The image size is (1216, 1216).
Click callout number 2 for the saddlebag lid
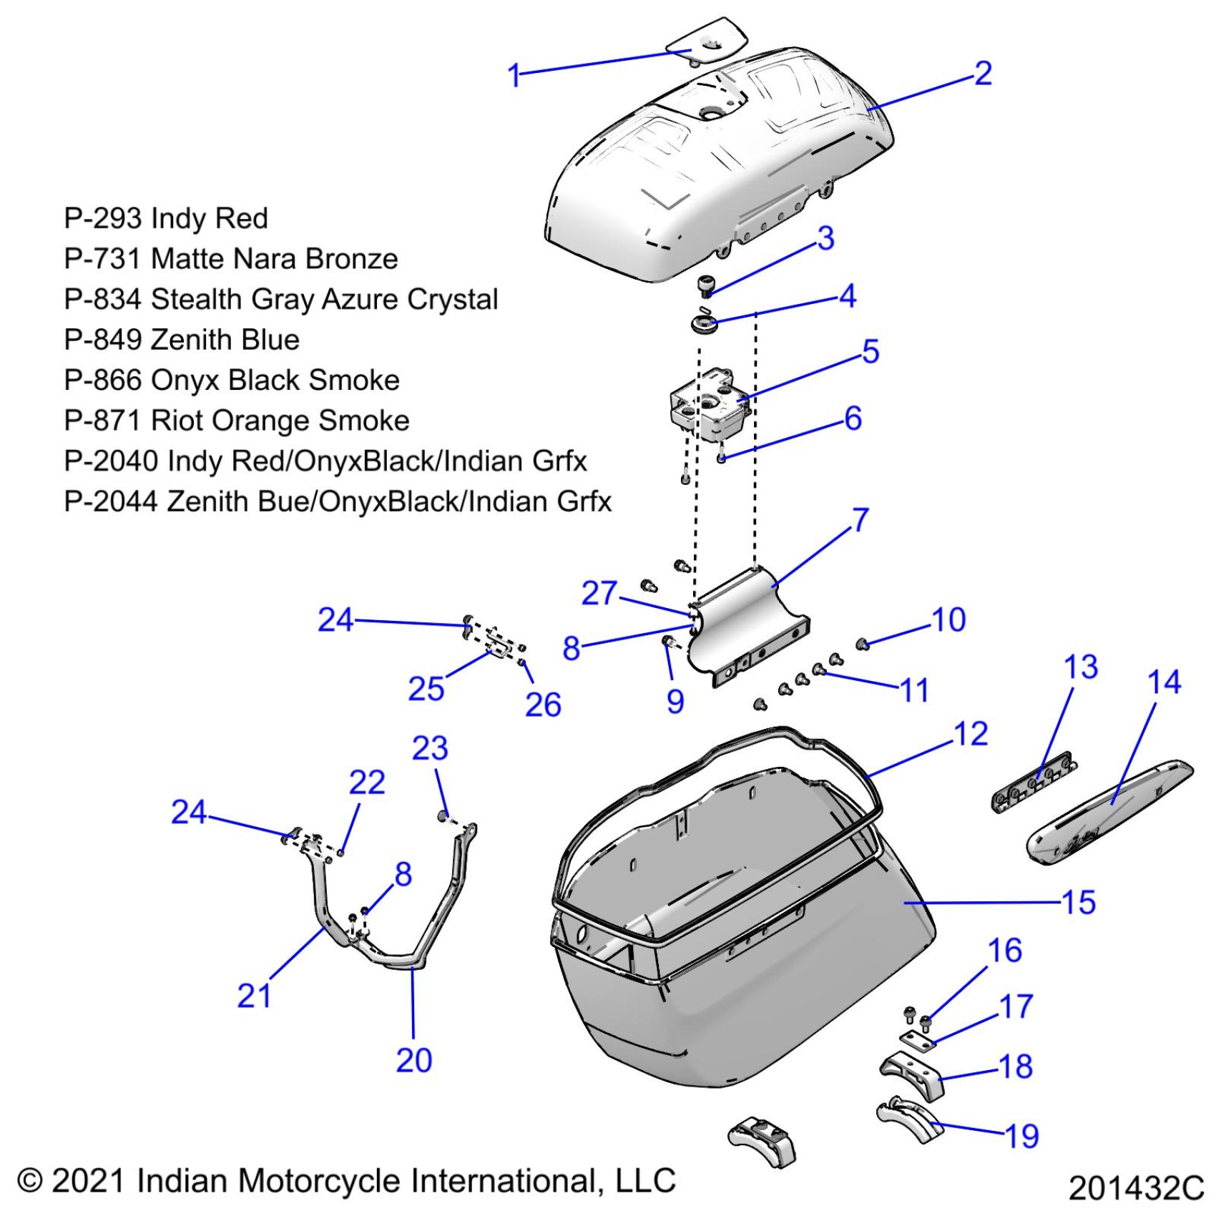(984, 74)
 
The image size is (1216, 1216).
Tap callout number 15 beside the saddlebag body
(1079, 902)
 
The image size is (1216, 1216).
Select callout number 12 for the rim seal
(971, 734)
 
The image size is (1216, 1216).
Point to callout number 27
(599, 593)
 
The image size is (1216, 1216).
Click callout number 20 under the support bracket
(414, 1060)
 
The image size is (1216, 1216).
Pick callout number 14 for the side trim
(1164, 682)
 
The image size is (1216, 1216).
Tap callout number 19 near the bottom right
(1021, 1135)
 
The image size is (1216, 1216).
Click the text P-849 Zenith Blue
(182, 340)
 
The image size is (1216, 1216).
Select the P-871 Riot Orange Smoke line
(236, 421)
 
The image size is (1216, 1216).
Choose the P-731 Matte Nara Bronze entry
(230, 259)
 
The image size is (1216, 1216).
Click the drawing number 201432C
(1136, 1188)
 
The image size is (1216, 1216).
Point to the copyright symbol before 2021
(29, 1180)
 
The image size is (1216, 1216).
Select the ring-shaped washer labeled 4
(704, 324)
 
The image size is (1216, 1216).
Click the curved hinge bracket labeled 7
(747, 622)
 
